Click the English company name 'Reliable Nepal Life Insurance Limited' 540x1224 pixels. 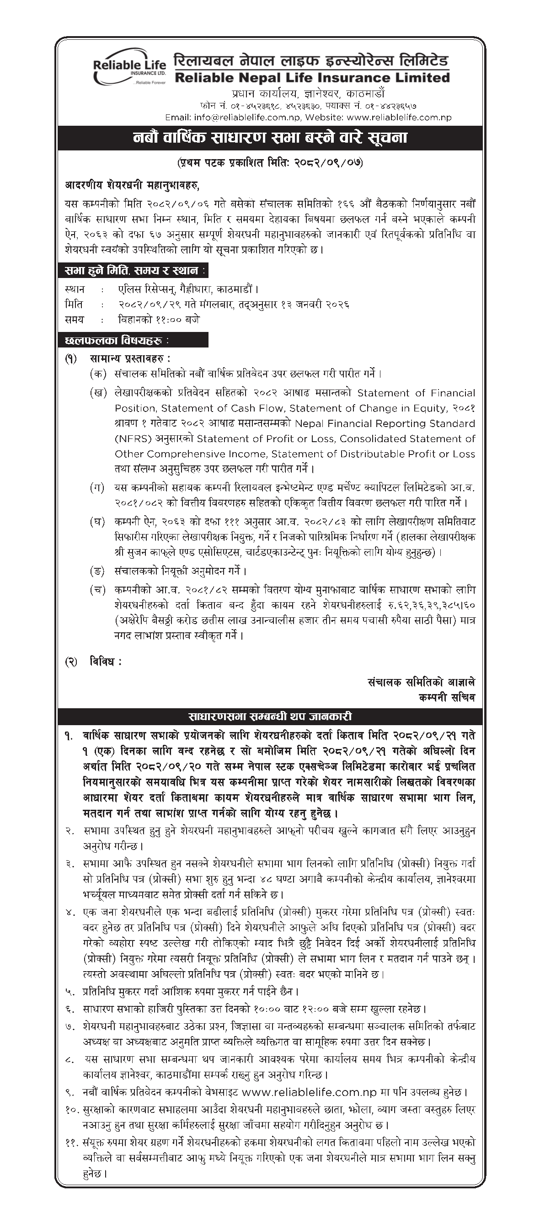coord(312,78)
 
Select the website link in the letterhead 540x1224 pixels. coord(399,118)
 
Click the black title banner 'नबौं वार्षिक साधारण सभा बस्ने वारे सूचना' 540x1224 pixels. coord(270,138)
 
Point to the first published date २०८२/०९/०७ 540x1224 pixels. coord(328,163)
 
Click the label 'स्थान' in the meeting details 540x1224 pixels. coord(75,289)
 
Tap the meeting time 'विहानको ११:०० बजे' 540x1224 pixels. coord(159,320)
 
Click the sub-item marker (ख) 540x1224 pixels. coord(97,393)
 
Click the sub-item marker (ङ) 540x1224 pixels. coord(97,570)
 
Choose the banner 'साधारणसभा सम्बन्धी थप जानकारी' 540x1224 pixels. coord(270,716)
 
